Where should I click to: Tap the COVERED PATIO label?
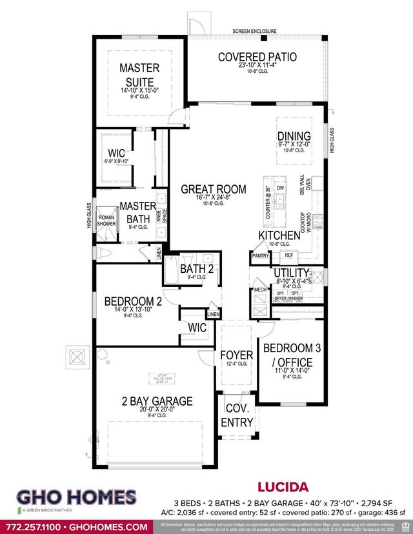pos(257,57)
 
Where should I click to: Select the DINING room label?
pos(294,136)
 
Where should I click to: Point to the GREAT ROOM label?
pos(214,189)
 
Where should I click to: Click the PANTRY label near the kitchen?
pos(261,256)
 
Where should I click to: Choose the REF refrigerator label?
pos(288,255)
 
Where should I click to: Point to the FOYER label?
pos(236,355)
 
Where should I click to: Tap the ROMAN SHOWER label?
pos(106,219)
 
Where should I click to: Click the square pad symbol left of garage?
pos(77,356)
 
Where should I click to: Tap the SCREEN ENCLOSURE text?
pos(255,31)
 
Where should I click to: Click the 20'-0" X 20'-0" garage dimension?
pos(150,409)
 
